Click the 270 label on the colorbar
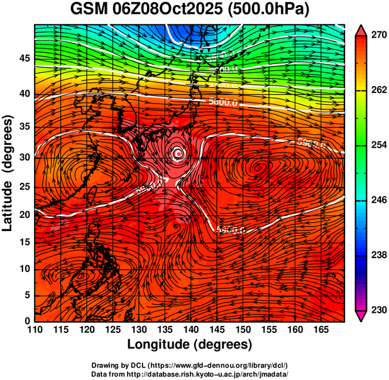click(x=378, y=35)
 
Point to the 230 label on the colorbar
click(x=378, y=310)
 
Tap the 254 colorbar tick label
click(x=378, y=145)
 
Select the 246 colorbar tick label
click(x=378, y=200)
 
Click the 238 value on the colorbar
click(x=378, y=255)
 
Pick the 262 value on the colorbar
click(x=378, y=90)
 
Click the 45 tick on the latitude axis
click(x=23, y=59)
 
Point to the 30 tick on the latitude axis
click(x=23, y=157)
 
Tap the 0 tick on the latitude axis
click(x=26, y=321)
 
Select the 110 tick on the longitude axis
click(x=35, y=330)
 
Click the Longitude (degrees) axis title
click(x=190, y=344)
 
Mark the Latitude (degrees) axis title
click(x=8, y=173)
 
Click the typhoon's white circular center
click(x=178, y=153)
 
